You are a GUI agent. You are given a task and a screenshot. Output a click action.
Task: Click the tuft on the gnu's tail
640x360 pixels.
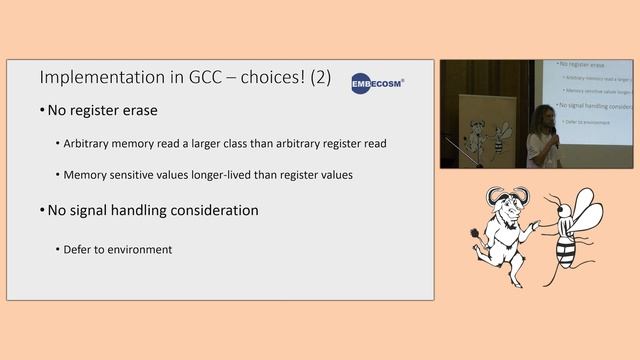tap(476, 240)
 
